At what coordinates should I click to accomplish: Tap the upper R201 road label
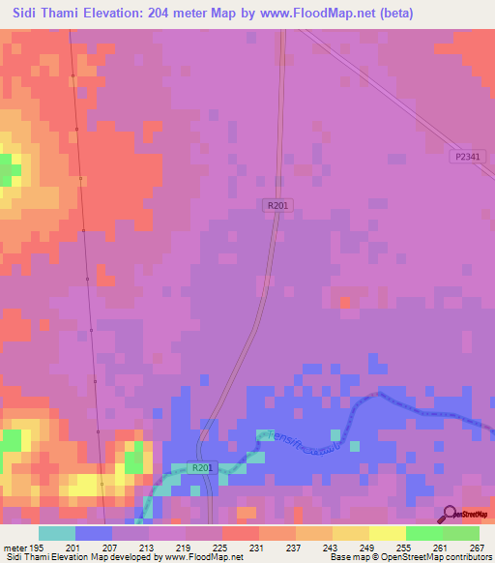pos(277,205)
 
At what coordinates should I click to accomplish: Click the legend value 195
pos(36,548)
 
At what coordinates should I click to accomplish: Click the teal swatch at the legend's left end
pos(57,533)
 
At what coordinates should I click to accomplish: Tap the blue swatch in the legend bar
pos(94,533)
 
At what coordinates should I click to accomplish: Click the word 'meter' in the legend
pos(14,548)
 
